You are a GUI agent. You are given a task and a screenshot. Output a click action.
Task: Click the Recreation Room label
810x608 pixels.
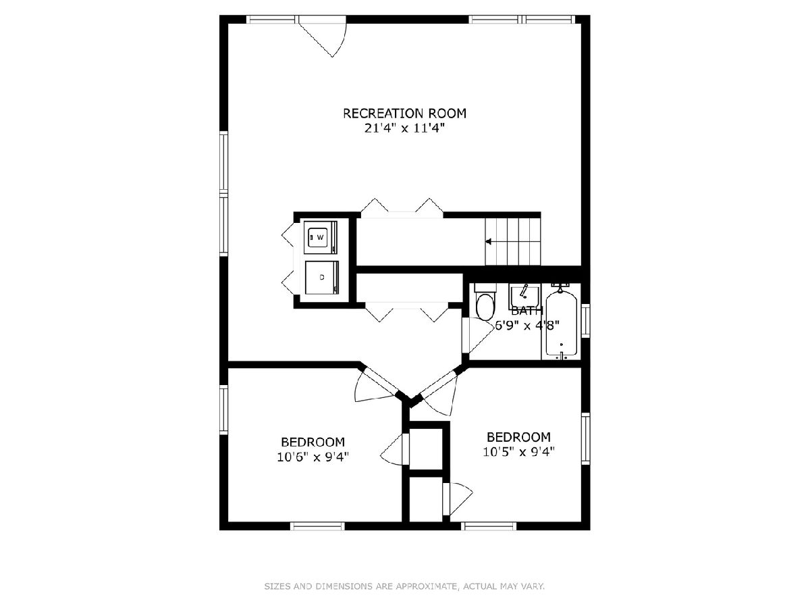click(404, 113)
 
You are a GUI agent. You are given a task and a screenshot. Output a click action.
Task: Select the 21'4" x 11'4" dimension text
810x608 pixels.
click(404, 128)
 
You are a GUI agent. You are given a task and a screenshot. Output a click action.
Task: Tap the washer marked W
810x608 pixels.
click(321, 237)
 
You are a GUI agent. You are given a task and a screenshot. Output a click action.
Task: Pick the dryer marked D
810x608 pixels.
click(322, 278)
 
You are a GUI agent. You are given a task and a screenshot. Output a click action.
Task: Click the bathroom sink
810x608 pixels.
click(524, 296)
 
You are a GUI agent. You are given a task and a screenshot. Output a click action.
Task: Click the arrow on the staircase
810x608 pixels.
click(489, 242)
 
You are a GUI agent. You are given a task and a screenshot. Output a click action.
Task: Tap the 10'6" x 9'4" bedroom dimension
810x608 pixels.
click(313, 457)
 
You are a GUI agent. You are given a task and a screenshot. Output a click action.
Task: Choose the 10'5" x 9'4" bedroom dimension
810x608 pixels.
click(518, 451)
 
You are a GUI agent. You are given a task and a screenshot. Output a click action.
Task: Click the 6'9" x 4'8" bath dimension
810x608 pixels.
click(526, 325)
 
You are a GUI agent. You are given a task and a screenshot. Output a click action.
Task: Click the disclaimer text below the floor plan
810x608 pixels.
click(404, 586)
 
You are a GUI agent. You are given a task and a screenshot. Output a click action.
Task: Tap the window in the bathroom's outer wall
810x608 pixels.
click(585, 320)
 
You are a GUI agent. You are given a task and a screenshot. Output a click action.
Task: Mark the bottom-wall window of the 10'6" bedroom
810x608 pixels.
click(317, 526)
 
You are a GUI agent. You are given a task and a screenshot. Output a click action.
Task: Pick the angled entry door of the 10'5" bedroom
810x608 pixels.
click(439, 395)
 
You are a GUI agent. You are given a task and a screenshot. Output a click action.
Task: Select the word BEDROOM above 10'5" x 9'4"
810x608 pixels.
click(518, 437)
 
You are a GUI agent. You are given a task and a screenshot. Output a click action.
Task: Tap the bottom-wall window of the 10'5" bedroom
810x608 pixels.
click(489, 526)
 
